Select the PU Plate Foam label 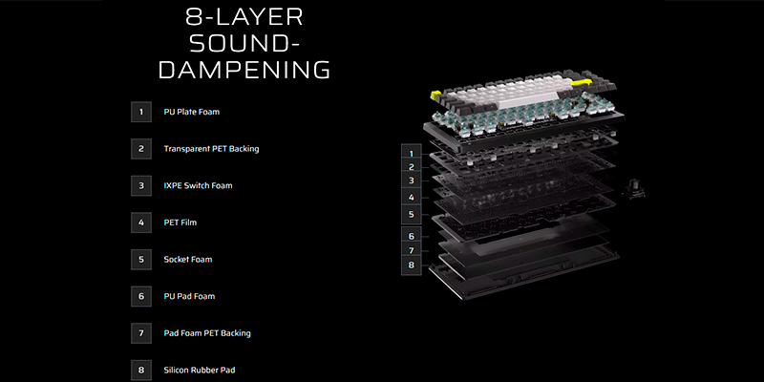(x=192, y=112)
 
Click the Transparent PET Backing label (x=211, y=149)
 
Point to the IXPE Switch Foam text (x=198, y=185)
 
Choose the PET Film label (x=180, y=223)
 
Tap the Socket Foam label (x=188, y=259)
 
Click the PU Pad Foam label (x=189, y=296)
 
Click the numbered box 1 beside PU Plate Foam (x=141, y=112)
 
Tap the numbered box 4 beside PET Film (x=141, y=223)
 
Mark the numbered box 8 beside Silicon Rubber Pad (x=141, y=370)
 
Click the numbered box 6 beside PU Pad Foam (x=141, y=296)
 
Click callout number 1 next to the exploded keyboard (x=411, y=153)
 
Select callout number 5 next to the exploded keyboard (x=411, y=216)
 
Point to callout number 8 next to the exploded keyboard (x=411, y=265)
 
